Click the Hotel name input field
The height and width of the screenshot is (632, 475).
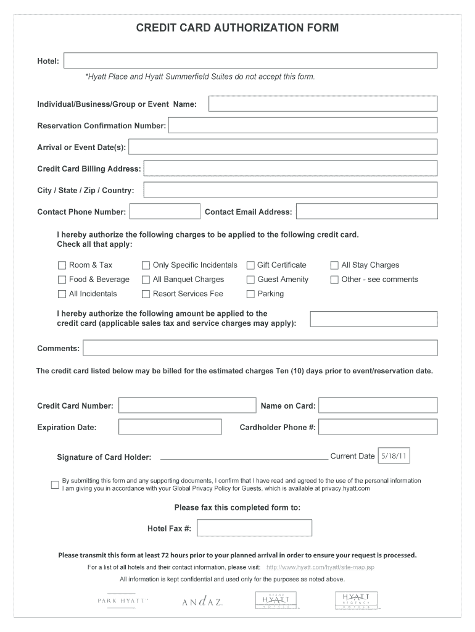(250, 60)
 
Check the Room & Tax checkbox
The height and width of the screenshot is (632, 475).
(62, 265)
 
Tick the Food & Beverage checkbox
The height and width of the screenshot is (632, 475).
(62, 280)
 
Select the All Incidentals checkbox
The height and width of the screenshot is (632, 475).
(62, 294)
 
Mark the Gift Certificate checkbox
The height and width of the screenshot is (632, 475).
(250, 265)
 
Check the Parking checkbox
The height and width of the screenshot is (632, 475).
(250, 294)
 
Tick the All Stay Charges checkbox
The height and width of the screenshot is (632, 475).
(334, 265)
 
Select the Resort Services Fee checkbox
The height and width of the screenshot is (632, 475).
(146, 294)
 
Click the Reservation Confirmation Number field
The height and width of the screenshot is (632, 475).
(302, 125)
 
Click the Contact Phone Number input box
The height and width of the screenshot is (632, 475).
(165, 211)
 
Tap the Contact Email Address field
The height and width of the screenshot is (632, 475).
(366, 211)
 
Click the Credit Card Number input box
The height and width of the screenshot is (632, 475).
(187, 405)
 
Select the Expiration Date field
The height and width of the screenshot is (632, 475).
(170, 426)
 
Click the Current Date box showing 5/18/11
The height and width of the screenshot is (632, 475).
(393, 456)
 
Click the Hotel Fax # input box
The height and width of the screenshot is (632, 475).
(254, 528)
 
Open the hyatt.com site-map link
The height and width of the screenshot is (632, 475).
(320, 567)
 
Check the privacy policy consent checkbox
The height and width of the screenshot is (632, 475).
(55, 484)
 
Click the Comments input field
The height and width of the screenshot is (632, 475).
(260, 348)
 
